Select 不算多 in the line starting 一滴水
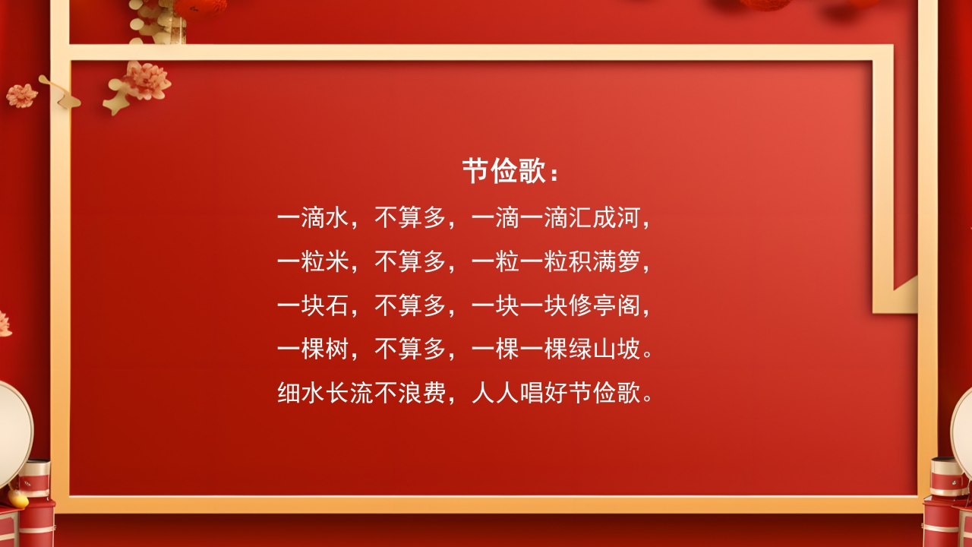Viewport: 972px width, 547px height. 410,219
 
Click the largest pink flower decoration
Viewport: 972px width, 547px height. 147,80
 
